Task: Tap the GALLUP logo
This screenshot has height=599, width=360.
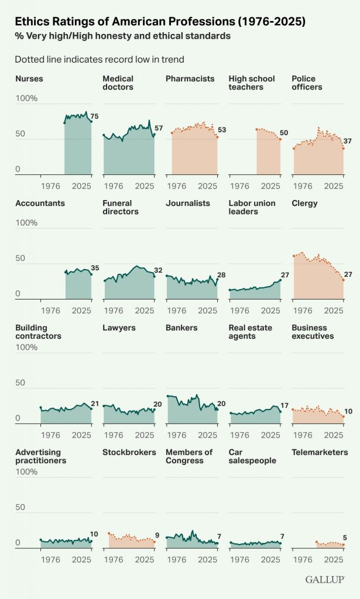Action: point(324,579)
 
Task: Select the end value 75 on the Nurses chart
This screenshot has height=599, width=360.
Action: point(94,116)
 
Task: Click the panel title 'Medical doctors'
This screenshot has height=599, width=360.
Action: point(118,82)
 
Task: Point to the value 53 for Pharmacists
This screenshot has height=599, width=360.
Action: point(222,130)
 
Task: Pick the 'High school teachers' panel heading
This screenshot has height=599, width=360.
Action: point(252,82)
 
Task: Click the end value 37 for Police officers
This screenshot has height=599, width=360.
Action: point(348,141)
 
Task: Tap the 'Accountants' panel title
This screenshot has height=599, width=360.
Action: point(40,203)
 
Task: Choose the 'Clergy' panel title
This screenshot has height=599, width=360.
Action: point(304,203)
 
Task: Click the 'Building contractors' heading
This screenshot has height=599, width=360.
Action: point(38,332)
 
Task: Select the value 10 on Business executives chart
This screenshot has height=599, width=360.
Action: point(348,411)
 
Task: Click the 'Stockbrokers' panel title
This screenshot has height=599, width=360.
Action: point(129,452)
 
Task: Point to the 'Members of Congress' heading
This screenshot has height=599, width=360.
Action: point(189,456)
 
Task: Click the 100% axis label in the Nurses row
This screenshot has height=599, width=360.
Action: point(26,98)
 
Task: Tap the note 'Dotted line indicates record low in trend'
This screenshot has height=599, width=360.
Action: point(100,59)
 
